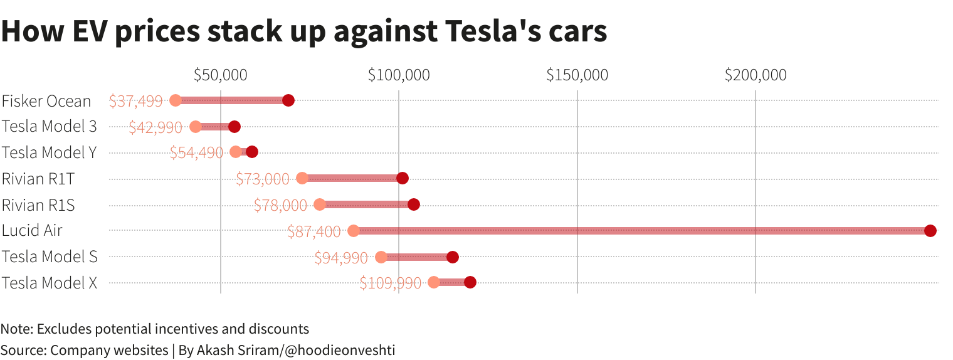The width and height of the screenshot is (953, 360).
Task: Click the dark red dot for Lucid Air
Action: tap(930, 231)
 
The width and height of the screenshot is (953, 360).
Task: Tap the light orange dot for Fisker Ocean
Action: tap(176, 100)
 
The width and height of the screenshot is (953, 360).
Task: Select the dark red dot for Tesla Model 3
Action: tap(234, 127)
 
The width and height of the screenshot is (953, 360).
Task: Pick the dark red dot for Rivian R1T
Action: tap(403, 178)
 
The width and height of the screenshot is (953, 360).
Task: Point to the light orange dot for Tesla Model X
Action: tap(434, 282)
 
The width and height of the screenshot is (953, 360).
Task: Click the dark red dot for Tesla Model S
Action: tap(453, 257)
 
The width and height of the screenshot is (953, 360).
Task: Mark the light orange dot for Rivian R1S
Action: tap(320, 204)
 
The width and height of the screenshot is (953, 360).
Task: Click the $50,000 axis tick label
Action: tap(220, 75)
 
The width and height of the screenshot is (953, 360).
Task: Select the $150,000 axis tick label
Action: tap(577, 75)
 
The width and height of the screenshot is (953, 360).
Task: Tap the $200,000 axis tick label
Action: tap(756, 75)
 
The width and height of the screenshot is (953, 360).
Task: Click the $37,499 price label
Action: tap(135, 101)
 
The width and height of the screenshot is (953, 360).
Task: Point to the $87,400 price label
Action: tap(313, 231)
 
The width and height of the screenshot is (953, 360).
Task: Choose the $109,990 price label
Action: tap(391, 283)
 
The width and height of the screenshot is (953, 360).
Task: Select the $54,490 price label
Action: tap(196, 152)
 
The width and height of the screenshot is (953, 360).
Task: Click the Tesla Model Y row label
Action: tap(49, 152)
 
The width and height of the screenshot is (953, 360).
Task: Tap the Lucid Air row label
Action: tap(32, 230)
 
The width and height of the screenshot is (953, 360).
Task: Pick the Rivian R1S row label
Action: tap(38, 204)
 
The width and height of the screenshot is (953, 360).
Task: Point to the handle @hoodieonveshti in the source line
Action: tap(340, 350)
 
